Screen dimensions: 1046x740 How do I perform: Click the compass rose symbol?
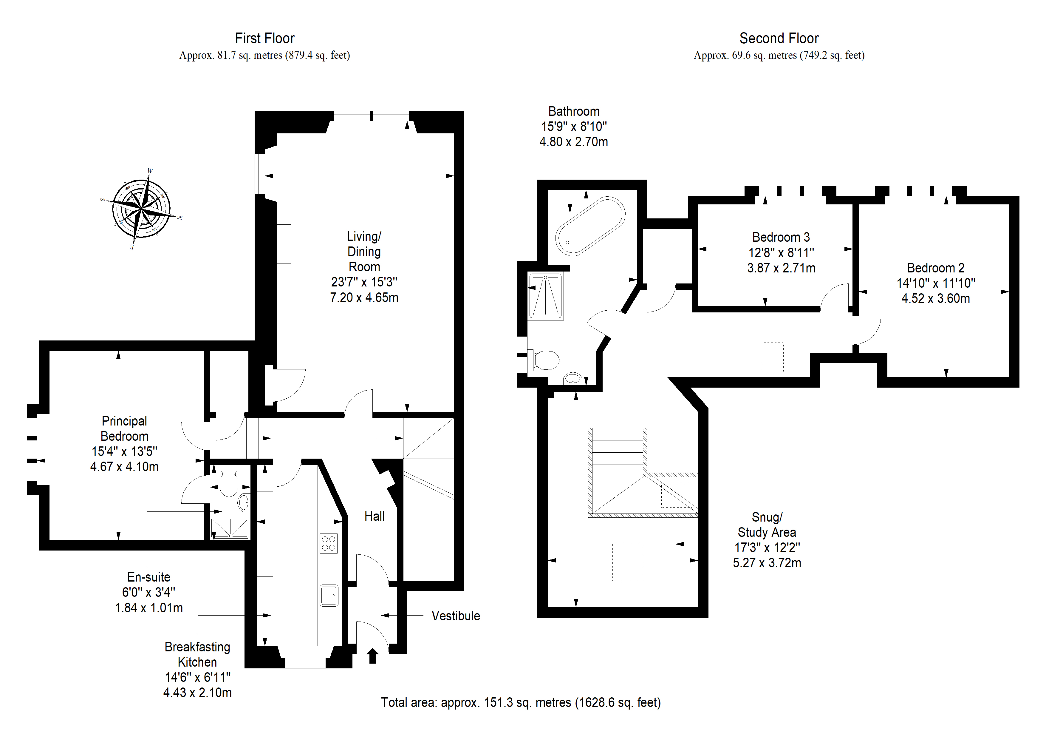click(142, 209)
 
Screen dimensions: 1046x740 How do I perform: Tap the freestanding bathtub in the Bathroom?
click(590, 226)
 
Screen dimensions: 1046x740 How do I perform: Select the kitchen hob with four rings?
click(329, 543)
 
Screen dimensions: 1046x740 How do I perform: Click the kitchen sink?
click(329, 596)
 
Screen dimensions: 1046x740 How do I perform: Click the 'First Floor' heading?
click(265, 38)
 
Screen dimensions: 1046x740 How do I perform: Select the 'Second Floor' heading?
click(779, 38)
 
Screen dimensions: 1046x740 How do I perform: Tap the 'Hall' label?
click(375, 516)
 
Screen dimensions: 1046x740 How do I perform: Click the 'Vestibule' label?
click(456, 616)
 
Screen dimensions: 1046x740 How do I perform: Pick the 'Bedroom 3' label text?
click(781, 237)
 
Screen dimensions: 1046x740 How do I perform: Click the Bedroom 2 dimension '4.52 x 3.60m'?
click(936, 299)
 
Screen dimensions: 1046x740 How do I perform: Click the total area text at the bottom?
click(521, 703)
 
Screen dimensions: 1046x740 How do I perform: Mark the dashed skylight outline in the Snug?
click(628, 562)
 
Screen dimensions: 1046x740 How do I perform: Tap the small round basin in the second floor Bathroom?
click(573, 378)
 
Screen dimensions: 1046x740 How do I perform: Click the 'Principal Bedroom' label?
click(124, 428)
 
